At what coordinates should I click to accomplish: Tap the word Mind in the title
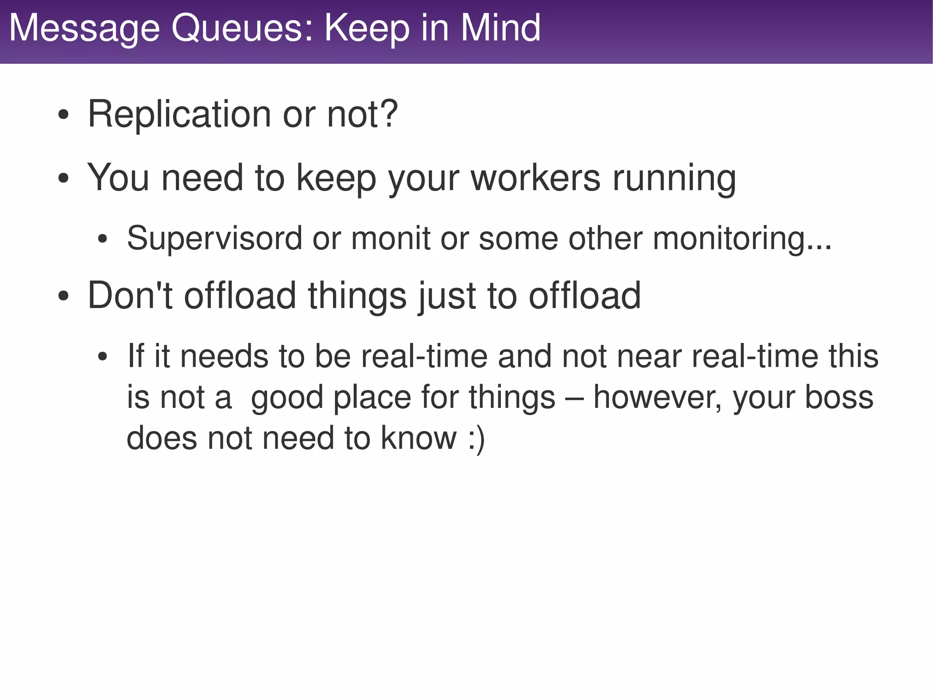click(x=501, y=28)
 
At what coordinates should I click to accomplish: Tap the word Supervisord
click(x=214, y=238)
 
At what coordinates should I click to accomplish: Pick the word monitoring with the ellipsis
click(x=742, y=238)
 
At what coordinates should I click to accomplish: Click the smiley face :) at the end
click(x=477, y=438)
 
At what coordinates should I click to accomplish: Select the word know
click(x=419, y=438)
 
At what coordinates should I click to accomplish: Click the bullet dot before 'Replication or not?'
click(x=63, y=115)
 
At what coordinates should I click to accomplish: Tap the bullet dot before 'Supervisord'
click(x=103, y=239)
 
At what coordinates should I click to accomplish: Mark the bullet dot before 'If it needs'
click(x=103, y=357)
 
